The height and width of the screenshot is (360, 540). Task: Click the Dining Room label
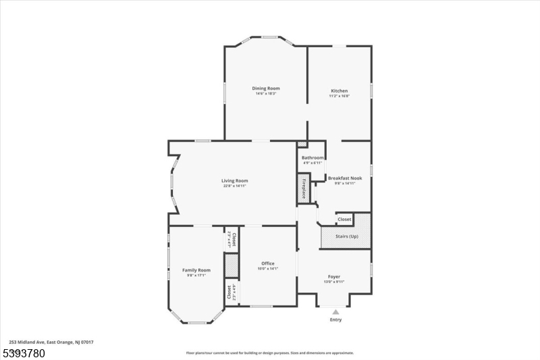click(266, 88)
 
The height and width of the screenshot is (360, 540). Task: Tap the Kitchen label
click(339, 91)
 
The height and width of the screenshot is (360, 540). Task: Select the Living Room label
click(235, 180)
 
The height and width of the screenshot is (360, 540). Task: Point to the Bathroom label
click(312, 158)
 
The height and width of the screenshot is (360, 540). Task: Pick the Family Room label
click(196, 270)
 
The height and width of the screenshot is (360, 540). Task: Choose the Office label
click(267, 263)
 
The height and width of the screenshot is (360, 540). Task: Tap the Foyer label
click(334, 276)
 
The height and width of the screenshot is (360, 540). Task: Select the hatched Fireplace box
click(304, 188)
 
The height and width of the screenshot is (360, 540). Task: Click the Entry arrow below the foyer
click(335, 311)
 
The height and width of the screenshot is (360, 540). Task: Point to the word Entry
click(335, 319)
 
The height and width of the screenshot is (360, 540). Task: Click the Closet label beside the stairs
click(344, 220)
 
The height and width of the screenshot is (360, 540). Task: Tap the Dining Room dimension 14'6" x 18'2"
click(266, 94)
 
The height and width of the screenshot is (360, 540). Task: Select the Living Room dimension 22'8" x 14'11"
click(235, 186)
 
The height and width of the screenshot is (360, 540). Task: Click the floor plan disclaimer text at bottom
click(269, 353)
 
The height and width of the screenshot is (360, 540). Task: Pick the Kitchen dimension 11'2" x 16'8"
click(339, 96)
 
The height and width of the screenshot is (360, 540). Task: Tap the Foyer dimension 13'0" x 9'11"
click(334, 282)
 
